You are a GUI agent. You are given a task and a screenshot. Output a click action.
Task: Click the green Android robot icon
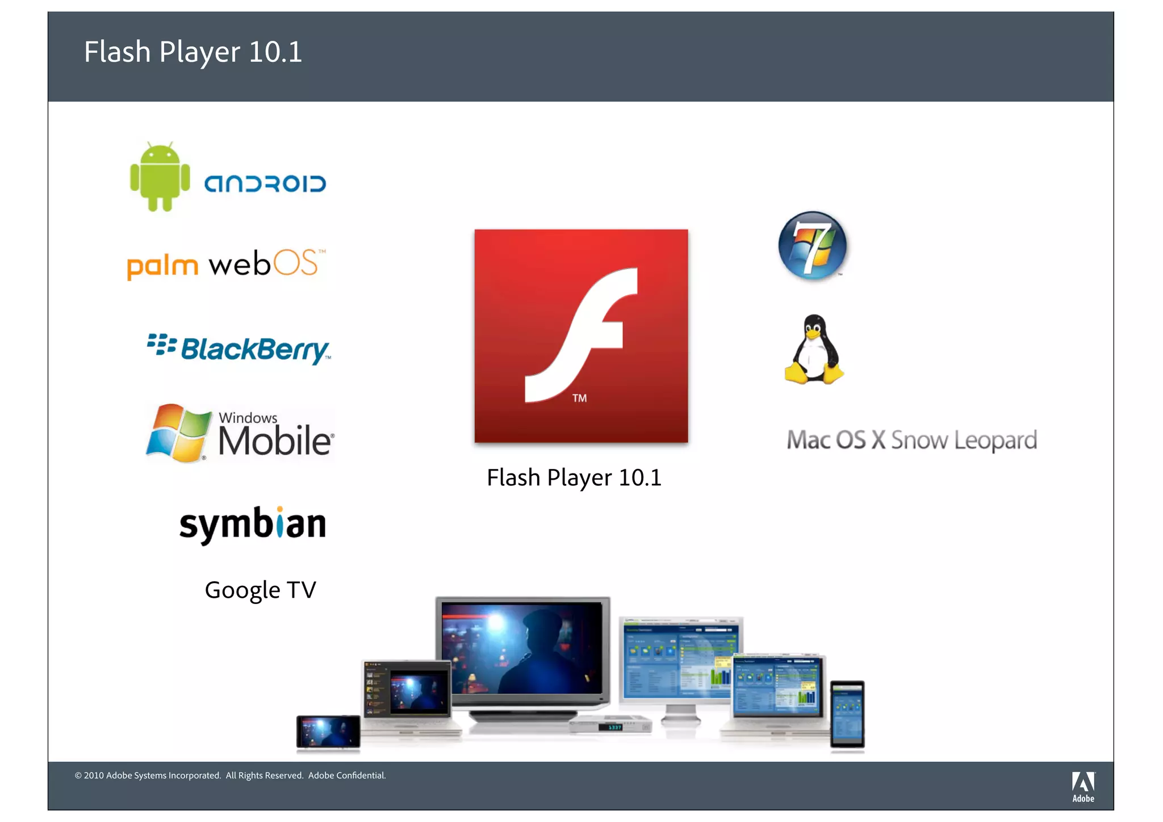point(160,177)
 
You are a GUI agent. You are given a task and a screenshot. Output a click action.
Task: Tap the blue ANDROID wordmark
point(265,184)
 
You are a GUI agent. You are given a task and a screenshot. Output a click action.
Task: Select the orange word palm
point(162,266)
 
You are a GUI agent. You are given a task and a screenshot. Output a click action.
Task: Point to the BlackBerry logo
point(239,348)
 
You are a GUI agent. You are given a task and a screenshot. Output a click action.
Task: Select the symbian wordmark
point(253,524)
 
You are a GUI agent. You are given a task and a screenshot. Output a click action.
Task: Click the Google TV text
point(260,590)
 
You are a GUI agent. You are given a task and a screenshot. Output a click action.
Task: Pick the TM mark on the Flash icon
point(579,398)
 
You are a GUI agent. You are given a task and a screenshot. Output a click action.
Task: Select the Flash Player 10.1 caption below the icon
point(574,477)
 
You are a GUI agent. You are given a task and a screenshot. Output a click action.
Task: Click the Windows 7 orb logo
point(813,245)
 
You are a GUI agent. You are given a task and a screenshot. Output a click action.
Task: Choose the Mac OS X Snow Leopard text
point(911,440)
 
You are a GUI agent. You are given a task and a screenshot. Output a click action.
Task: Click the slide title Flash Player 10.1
point(193,52)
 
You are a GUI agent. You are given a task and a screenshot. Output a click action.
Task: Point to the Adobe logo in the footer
point(1083,786)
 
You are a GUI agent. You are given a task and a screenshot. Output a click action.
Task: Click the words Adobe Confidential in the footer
point(347,775)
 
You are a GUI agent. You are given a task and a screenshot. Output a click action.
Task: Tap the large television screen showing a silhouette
point(522,648)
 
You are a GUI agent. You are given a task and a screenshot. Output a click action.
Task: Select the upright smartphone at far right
point(847,714)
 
